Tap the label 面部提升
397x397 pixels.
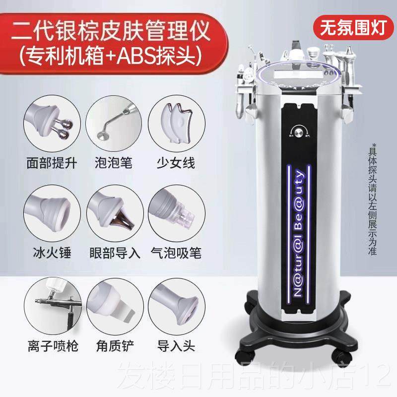(53, 162)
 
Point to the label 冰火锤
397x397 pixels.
(53, 253)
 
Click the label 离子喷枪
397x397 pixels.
(53, 343)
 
